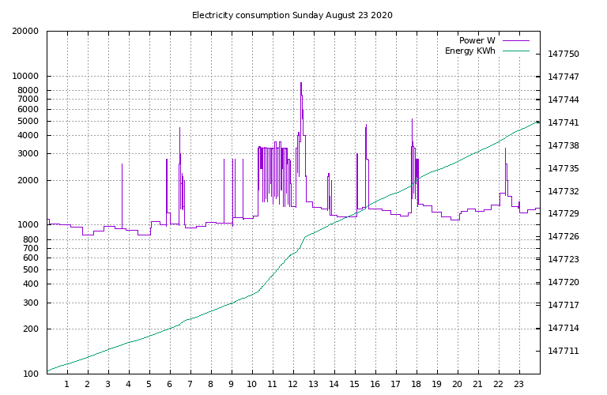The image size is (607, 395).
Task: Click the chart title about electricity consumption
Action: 292,15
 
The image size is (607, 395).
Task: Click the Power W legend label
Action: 477,40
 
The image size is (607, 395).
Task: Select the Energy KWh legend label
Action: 469,51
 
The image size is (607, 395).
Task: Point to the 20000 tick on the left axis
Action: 25,32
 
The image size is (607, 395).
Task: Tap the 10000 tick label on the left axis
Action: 25,77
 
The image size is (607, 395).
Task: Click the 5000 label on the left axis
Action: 28,122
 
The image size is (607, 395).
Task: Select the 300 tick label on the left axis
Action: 30,303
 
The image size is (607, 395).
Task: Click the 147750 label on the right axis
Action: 564,55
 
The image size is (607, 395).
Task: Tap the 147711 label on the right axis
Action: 564,351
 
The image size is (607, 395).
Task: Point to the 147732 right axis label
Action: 564,191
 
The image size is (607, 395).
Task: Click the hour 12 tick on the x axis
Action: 292,385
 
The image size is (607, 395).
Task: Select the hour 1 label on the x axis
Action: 67,385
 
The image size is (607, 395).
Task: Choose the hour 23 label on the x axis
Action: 518,385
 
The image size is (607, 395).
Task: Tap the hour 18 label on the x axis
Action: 416,385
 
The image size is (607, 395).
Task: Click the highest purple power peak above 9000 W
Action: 300,83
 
